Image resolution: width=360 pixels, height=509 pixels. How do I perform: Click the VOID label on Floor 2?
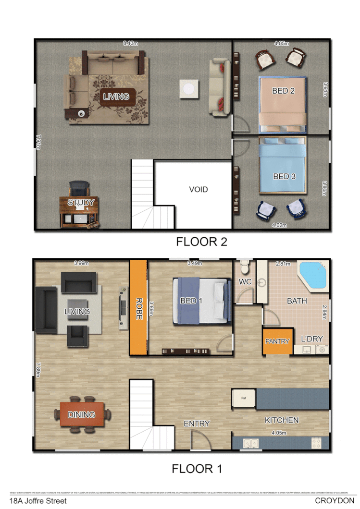coord(198,190)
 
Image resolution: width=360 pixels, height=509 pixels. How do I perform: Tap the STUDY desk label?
coord(81,203)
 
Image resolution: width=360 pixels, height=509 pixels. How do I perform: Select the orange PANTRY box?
coord(277,341)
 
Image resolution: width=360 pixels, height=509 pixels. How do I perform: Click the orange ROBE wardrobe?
coord(138,307)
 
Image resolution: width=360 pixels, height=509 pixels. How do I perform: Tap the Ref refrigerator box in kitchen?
coord(243,398)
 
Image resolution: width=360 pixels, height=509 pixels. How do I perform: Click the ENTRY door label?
coord(197,424)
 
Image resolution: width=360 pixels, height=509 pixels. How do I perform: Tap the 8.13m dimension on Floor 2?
coord(130,43)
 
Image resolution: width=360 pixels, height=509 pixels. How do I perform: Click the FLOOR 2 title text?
coord(201,242)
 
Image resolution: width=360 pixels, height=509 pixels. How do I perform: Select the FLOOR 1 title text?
coord(197,469)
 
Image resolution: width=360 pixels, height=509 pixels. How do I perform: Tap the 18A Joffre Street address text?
coord(35,501)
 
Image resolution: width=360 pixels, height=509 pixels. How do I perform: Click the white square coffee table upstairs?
coord(189,89)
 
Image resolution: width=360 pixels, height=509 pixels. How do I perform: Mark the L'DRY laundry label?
coord(311,339)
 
